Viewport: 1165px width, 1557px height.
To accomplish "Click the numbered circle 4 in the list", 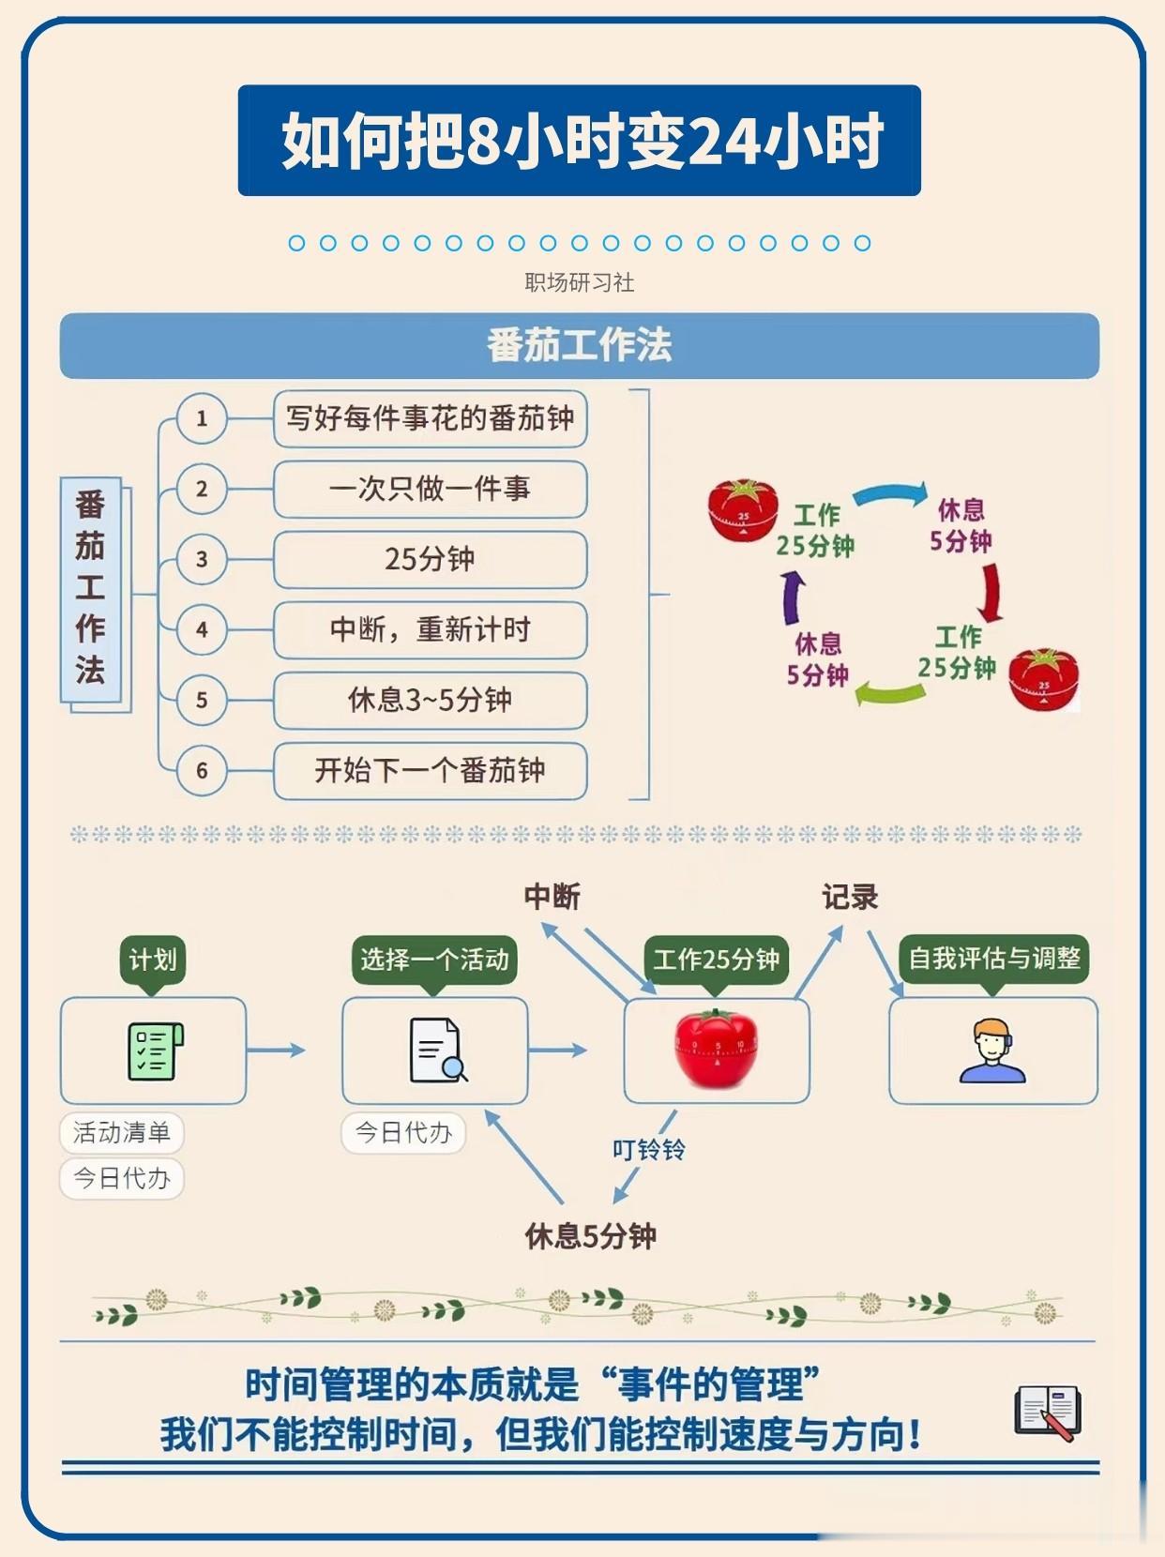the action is pyautogui.click(x=202, y=629).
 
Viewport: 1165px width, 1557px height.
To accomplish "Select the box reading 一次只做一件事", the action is pyautogui.click(x=430, y=489).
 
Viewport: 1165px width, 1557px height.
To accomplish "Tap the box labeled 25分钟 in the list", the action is pyautogui.click(x=430, y=559).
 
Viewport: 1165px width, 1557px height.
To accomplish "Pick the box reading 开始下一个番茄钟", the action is pyautogui.click(x=430, y=770).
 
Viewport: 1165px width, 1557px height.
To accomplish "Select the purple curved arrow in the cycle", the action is pyautogui.click(x=794, y=598).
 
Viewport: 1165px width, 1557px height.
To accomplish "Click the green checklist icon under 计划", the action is pyautogui.click(x=156, y=1051).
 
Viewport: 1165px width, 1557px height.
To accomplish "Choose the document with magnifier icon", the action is pyautogui.click(x=438, y=1051).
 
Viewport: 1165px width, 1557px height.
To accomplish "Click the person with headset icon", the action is pyautogui.click(x=992, y=1051).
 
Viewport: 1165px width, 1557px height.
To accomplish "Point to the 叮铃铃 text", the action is pyautogui.click(x=649, y=1149).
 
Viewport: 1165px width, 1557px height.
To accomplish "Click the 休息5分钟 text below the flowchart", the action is pyautogui.click(x=591, y=1236).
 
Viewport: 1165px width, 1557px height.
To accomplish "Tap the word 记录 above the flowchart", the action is pyautogui.click(x=850, y=898).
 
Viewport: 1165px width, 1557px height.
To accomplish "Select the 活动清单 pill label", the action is pyautogui.click(x=121, y=1133).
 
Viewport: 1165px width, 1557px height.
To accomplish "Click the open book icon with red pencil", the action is pyautogui.click(x=1048, y=1413).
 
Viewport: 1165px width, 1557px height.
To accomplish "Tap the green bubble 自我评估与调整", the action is pyautogui.click(x=994, y=960).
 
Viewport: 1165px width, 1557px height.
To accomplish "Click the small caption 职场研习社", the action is pyautogui.click(x=580, y=282).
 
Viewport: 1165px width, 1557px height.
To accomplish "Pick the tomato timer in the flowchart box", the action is pyautogui.click(x=716, y=1050).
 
